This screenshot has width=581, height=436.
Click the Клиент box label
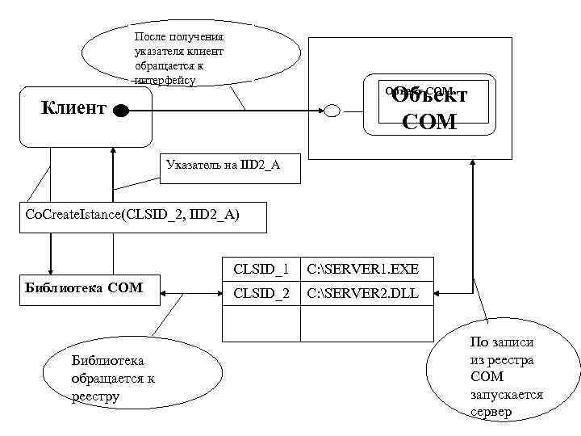pos(73,109)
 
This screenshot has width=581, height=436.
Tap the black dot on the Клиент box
pos(120,111)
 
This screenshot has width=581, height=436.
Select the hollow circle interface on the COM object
pos(332,111)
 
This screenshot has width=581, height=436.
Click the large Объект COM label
pos(428,108)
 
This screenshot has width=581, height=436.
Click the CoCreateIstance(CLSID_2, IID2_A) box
pos(134,214)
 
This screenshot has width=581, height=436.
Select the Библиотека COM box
pos(84,287)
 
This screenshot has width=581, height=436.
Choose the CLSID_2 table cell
pos(260,293)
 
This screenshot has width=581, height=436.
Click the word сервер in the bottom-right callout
pos(492,412)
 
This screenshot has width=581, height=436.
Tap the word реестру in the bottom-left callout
pos(96,396)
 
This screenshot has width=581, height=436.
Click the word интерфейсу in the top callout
pos(165,81)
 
